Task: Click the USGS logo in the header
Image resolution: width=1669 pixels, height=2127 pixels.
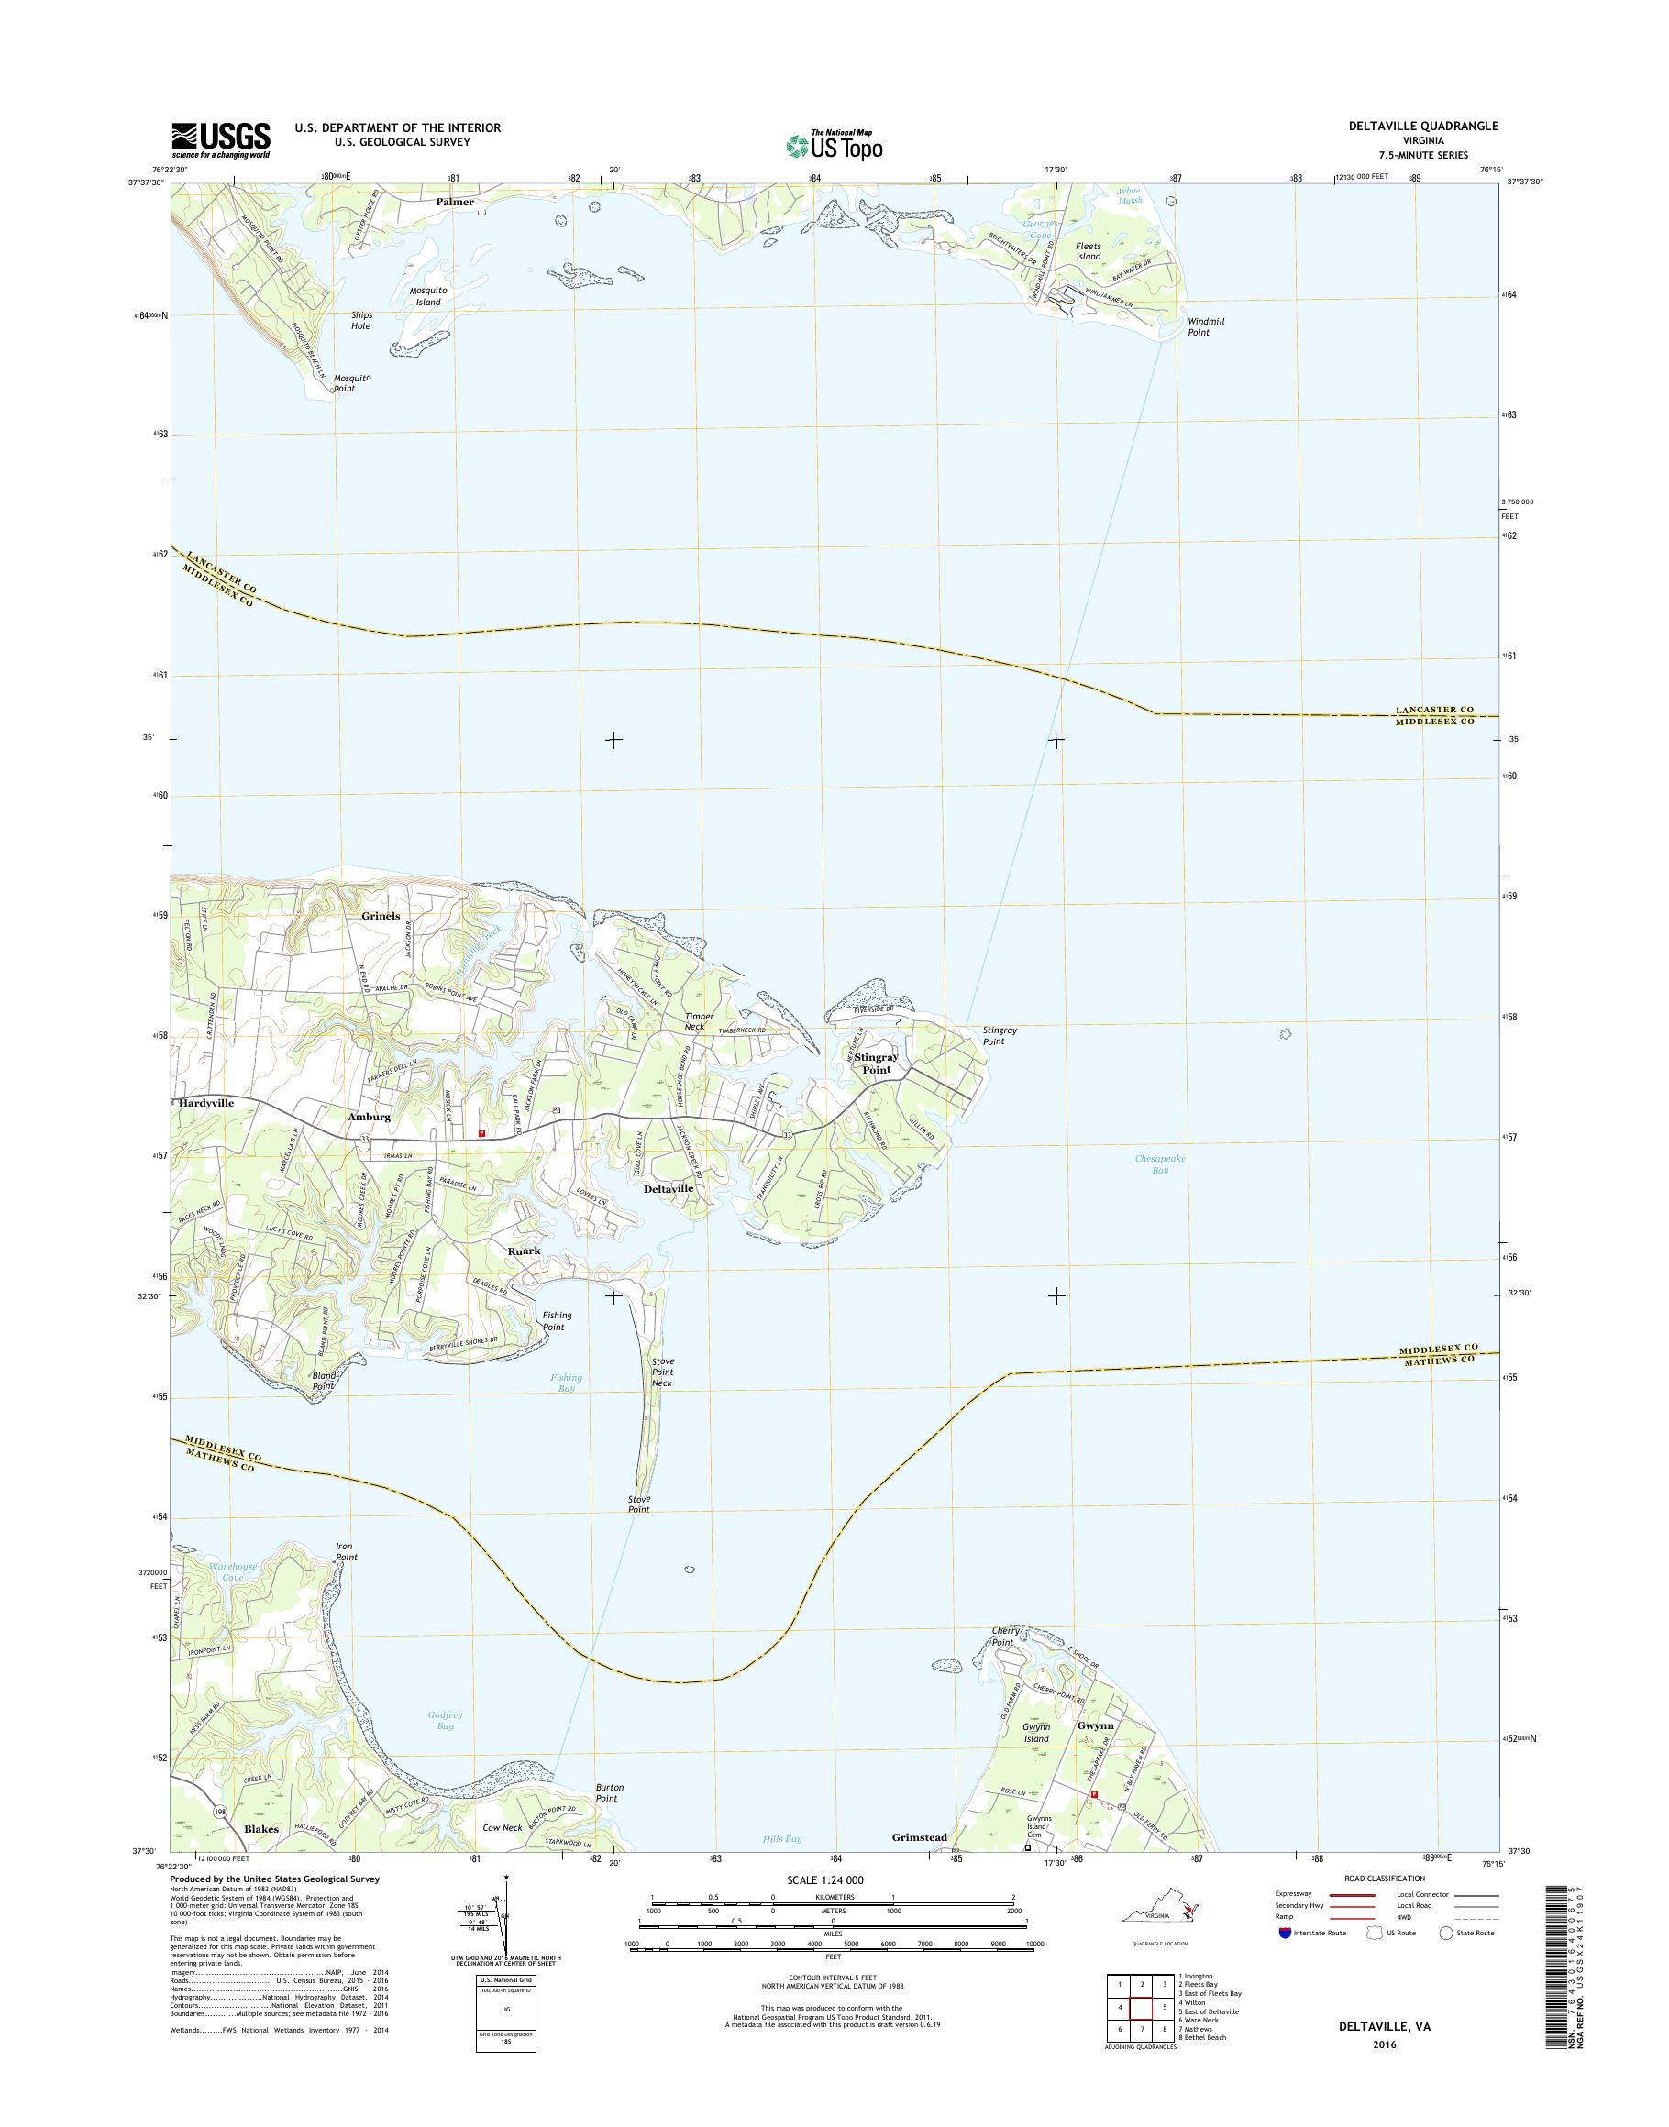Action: tap(221, 138)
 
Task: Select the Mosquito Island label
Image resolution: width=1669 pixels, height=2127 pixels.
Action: tap(428, 296)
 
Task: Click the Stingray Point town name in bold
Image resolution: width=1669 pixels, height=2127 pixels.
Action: tap(876, 1063)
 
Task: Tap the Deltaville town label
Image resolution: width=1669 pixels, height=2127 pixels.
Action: tap(669, 1188)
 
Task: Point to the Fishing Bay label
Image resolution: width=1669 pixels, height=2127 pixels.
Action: tap(565, 1383)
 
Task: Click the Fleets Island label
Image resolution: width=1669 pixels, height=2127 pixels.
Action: tap(1088, 251)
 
